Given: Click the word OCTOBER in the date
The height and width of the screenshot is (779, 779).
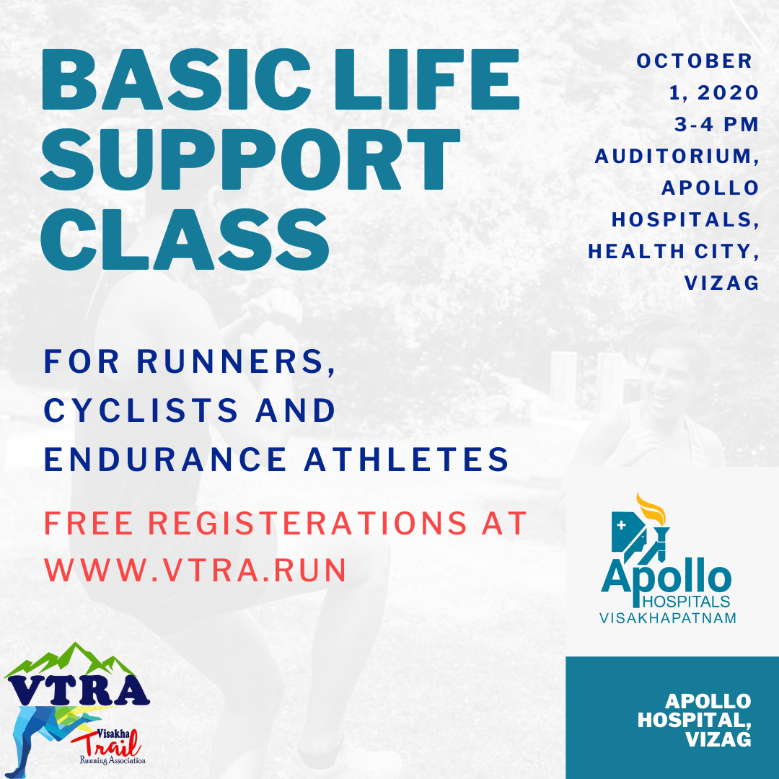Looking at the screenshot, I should click(694, 61).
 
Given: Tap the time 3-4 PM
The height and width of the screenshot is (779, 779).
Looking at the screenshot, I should click(717, 124).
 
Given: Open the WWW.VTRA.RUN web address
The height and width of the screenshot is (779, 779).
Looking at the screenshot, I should click(195, 570).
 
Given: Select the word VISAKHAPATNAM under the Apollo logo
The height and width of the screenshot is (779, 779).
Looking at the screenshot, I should click(668, 618).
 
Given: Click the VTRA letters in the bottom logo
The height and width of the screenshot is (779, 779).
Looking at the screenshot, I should click(78, 690).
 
